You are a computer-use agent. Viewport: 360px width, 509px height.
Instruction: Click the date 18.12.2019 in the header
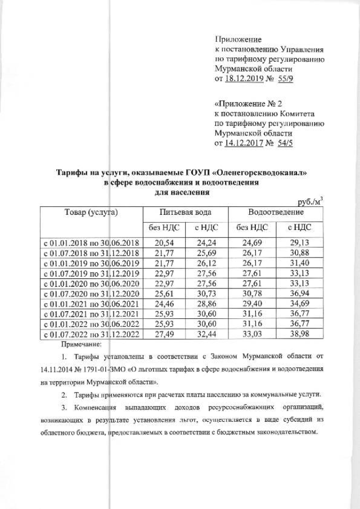[247, 80]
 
